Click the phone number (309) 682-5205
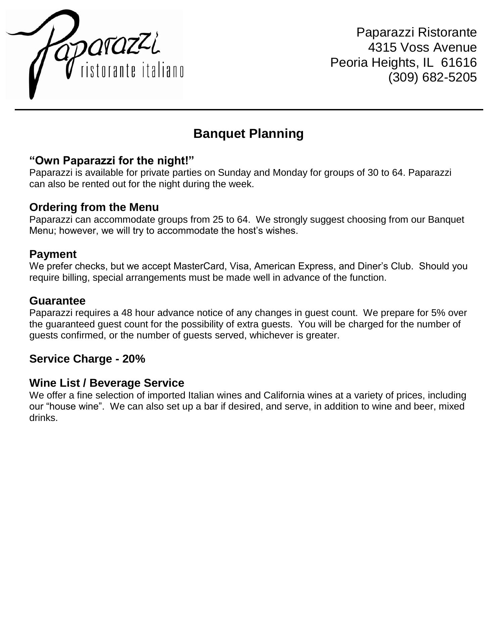[x=432, y=77]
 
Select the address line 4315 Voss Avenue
[x=422, y=48]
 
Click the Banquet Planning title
[x=248, y=133]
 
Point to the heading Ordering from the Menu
[x=94, y=207]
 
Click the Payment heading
[x=53, y=254]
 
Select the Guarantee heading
[x=57, y=301]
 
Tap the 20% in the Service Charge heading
[x=134, y=359]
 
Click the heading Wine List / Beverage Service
[x=107, y=383]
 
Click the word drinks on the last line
[x=43, y=418]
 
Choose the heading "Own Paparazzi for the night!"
[x=112, y=161]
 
